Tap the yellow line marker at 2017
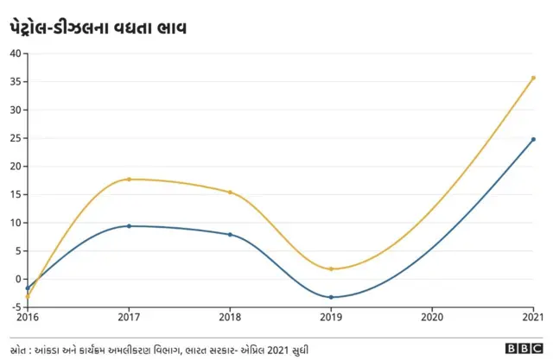pos(129,179)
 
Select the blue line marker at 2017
pos(129,226)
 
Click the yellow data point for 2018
pos(230,192)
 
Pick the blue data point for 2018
pos(230,234)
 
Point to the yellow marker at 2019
pos(331,268)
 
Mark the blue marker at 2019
pos(331,297)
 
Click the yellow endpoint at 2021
pos(533,78)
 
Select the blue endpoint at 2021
pos(533,139)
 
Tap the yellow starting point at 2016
pos(28,296)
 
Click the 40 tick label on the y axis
pos(15,54)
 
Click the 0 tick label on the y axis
pos(17,279)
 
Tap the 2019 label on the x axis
pos(331,319)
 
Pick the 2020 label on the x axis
pos(432,319)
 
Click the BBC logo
pos(524,349)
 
